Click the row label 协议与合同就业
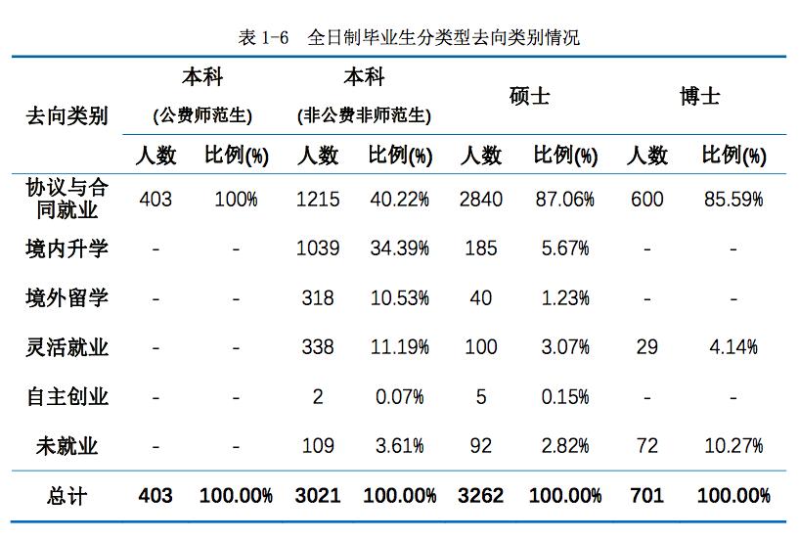click(67, 199)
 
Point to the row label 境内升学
click(67, 248)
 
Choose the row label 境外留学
click(67, 297)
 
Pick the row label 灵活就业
click(67, 347)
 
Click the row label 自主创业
click(67, 397)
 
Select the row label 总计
click(67, 496)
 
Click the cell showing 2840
click(480, 200)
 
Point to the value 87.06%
click(564, 200)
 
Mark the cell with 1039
click(318, 248)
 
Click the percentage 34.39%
click(399, 248)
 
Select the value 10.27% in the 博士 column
click(732, 447)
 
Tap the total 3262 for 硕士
click(480, 496)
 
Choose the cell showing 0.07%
click(399, 397)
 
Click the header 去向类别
click(67, 116)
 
